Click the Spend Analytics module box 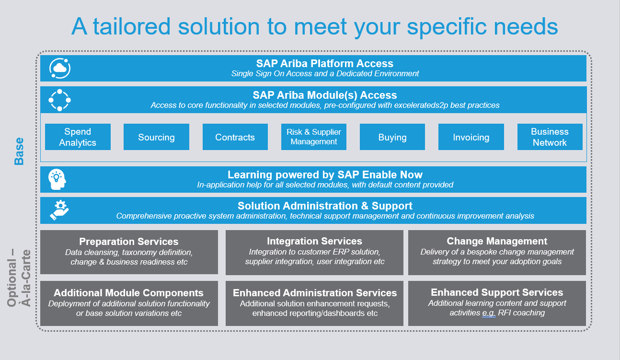(78, 137)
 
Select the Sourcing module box (156, 137)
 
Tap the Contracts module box (235, 137)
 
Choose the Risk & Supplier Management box (314, 137)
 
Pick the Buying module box (392, 137)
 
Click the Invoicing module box (471, 137)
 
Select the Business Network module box (550, 137)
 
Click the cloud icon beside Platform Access (60, 68)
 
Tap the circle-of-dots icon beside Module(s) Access (59, 100)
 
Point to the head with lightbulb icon (57, 179)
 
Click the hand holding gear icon (59, 210)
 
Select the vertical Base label (19, 151)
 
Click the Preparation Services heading (129, 242)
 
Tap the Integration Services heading (314, 241)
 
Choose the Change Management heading (497, 241)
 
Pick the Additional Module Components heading (128, 293)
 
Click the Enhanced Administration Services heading (315, 293)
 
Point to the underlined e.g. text (489, 313)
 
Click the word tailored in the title (132, 26)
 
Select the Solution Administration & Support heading (325, 206)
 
